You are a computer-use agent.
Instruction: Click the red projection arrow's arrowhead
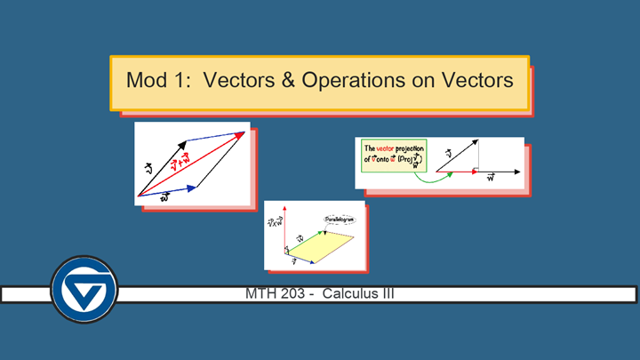(x=474, y=171)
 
